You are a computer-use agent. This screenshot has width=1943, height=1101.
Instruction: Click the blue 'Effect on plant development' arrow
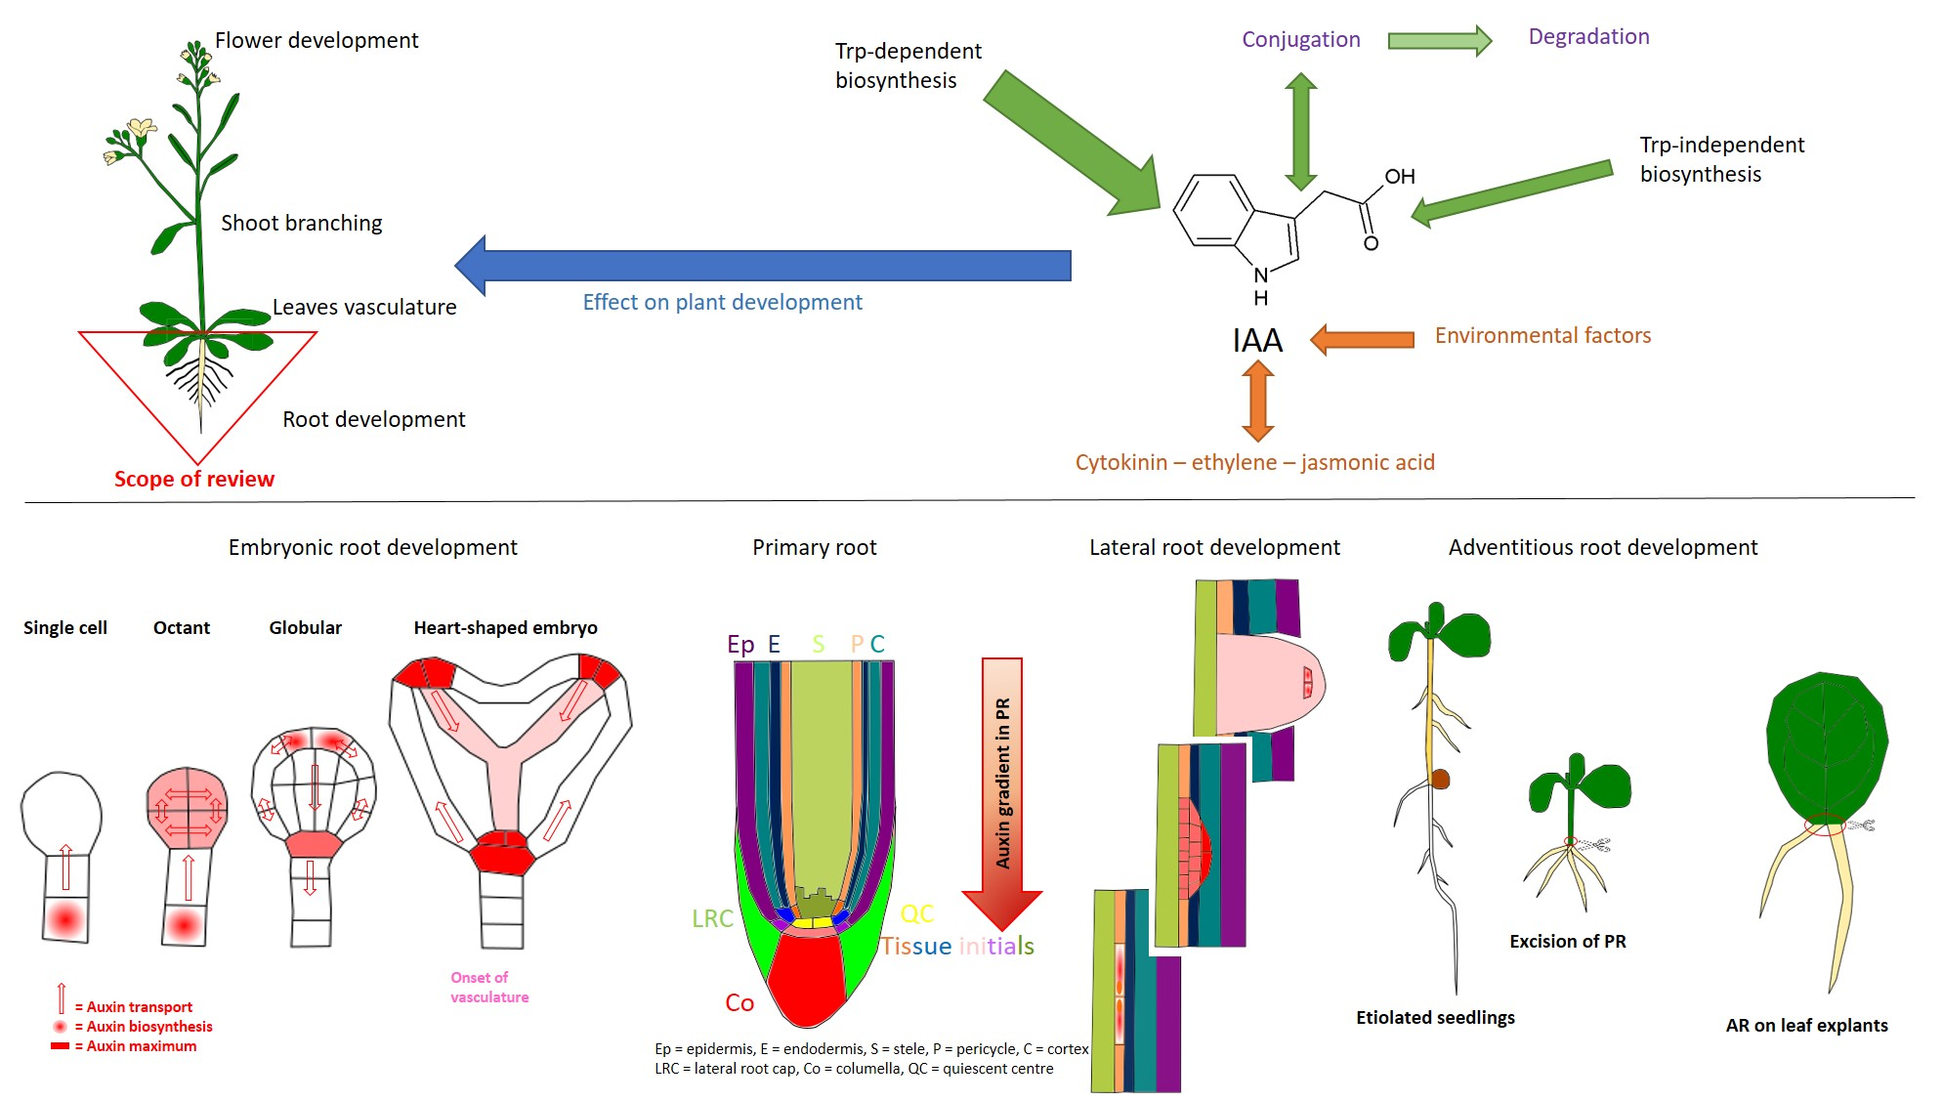762,266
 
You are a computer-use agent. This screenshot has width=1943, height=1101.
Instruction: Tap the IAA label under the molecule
1257,341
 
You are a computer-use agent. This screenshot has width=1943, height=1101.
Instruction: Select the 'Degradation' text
1588,37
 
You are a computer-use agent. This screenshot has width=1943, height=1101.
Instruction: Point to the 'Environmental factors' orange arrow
1362,339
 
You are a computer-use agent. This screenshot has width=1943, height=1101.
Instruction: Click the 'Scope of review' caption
194,479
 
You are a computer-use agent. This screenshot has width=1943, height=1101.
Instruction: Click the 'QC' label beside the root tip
917,913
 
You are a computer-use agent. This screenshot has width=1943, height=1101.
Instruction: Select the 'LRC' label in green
712,918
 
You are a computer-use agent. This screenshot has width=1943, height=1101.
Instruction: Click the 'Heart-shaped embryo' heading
505,628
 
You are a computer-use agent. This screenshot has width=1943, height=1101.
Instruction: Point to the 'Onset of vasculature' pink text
489,988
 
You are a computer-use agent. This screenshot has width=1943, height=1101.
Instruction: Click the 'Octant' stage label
182,628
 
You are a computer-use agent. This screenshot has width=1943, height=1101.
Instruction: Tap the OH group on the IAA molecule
1399,177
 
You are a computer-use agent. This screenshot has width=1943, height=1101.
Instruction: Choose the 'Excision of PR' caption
1567,942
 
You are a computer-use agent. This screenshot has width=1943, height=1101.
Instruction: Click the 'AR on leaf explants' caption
1806,1026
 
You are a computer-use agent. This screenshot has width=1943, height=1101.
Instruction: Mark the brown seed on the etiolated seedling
1440,779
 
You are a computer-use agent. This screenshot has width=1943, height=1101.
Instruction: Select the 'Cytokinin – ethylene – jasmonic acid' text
1254,463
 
